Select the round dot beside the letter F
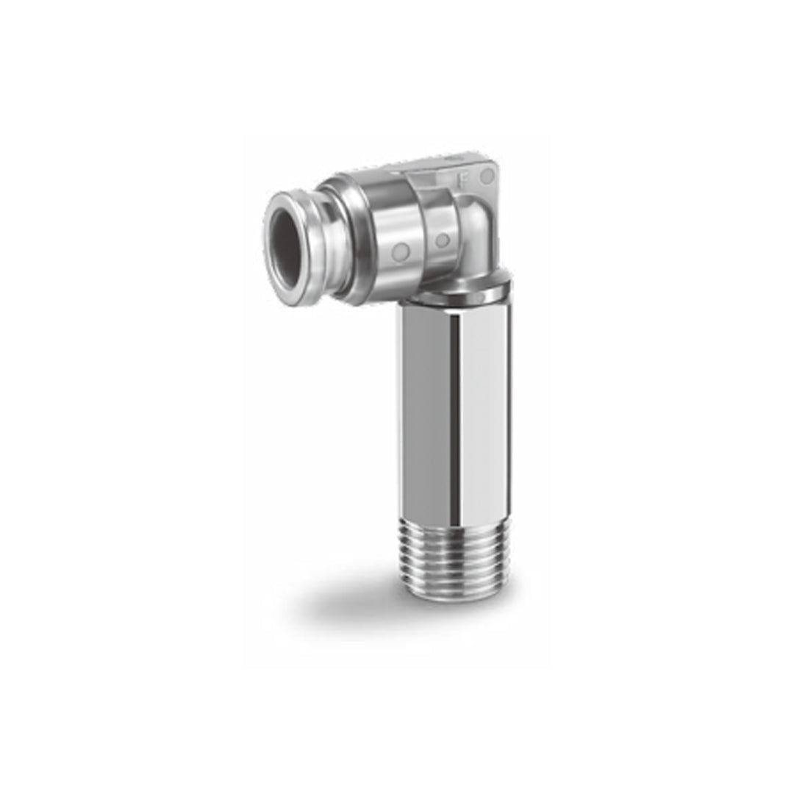[x=487, y=176]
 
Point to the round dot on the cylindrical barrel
[x=401, y=252]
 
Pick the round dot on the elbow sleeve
[x=442, y=240]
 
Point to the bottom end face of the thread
[x=457, y=595]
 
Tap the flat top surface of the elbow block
[x=448, y=163]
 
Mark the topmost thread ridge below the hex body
[x=457, y=523]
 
